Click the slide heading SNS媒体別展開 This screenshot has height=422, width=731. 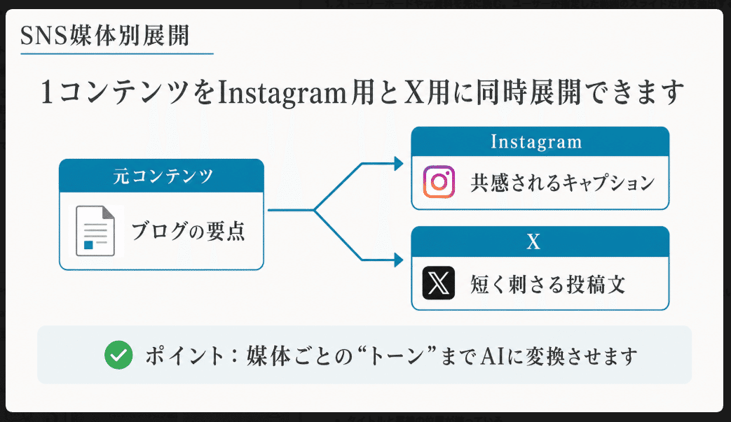[x=105, y=36]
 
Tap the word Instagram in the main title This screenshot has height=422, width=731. [x=282, y=93]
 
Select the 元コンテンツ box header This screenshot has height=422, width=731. [x=162, y=176]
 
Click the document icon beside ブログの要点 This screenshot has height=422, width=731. [x=95, y=231]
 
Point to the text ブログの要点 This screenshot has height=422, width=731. [x=188, y=231]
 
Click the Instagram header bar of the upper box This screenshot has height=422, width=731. [x=540, y=141]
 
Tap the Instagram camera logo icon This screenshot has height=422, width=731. [x=439, y=182]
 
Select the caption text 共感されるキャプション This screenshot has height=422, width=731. [x=563, y=183]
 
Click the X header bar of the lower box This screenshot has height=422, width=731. [x=540, y=241]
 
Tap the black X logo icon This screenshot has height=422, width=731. [x=439, y=283]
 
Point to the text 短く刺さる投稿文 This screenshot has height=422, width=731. [x=548, y=284]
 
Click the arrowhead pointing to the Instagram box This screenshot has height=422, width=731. [x=399, y=164]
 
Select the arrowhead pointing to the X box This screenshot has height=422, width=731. [x=399, y=260]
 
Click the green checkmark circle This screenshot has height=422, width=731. [x=118, y=356]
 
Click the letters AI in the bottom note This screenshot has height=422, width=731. [x=493, y=356]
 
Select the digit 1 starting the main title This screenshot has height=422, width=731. [x=47, y=92]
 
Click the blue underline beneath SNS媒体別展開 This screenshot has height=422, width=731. [x=117, y=54]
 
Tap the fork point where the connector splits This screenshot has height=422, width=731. [x=314, y=211]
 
